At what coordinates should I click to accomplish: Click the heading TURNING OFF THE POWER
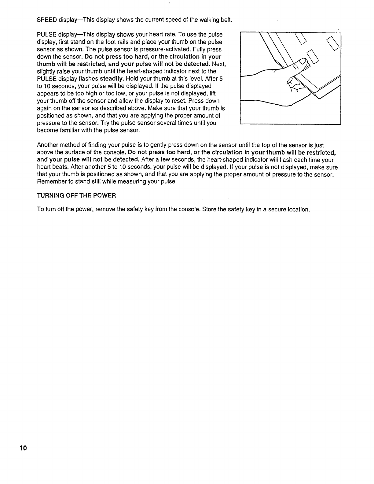(76, 195)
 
